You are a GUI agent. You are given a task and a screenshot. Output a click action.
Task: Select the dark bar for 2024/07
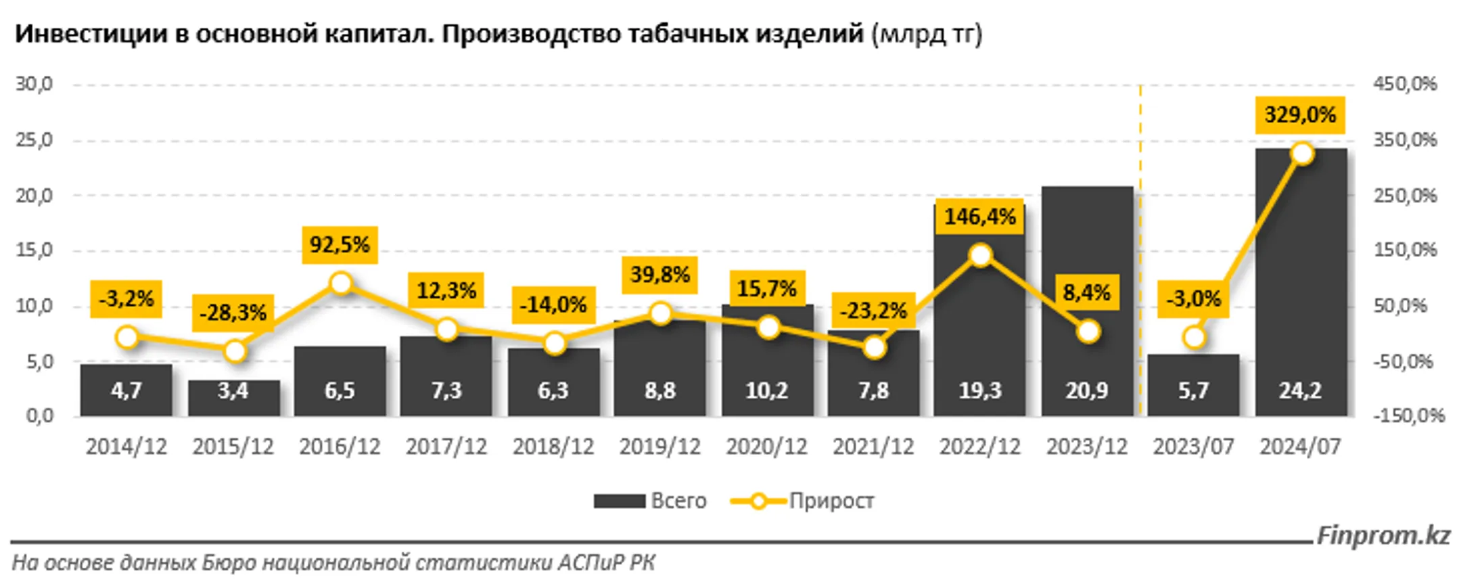pyautogui.click(x=1301, y=284)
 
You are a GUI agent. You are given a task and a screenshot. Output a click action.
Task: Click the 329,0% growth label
pyautogui.click(x=1300, y=115)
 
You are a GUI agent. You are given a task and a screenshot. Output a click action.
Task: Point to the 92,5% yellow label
pyautogui.click(x=340, y=244)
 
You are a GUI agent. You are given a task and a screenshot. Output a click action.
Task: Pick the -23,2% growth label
pyautogui.click(x=873, y=311)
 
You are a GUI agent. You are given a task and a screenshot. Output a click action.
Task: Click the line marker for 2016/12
pyautogui.click(x=341, y=283)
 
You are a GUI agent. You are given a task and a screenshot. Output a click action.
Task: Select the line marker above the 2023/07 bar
pyautogui.click(x=1195, y=337)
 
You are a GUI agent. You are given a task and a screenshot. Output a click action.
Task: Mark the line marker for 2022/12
pyautogui.click(x=980, y=255)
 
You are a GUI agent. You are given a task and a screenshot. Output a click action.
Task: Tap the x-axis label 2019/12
pyautogui.click(x=659, y=447)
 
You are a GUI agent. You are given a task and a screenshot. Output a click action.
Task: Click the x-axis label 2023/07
pyautogui.click(x=1193, y=447)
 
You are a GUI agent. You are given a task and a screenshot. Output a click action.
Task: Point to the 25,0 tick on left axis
pyautogui.click(x=34, y=140)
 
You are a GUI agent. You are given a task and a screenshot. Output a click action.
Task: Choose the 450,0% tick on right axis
pyautogui.click(x=1404, y=84)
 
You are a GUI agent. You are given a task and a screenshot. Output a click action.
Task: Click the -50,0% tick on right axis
pyautogui.click(x=1403, y=361)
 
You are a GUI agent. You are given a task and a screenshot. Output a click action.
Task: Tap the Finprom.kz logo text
pyautogui.click(x=1383, y=535)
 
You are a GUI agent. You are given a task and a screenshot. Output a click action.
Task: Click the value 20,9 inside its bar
pyautogui.click(x=1086, y=390)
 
